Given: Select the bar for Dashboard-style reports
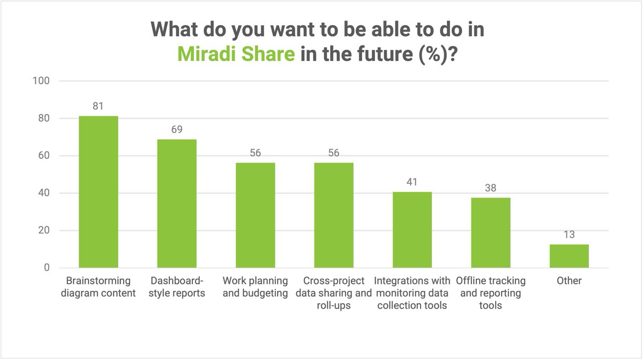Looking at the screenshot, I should pos(176,204).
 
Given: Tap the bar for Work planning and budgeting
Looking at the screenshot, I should pos(255,215).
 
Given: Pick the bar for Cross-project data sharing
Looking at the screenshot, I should pos(333,215).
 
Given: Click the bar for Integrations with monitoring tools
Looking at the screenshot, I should pos(412,230).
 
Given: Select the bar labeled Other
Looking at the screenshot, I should pos(569,256).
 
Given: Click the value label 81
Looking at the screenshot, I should pos(98,106).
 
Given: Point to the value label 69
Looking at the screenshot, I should pos(176,129).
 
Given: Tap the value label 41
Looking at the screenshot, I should pos(412,182).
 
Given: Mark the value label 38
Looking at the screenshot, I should pos(490,187).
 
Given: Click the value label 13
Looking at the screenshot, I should pos(569,234).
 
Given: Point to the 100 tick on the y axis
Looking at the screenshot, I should pos(42,81).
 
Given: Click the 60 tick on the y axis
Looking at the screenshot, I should pos(44,156).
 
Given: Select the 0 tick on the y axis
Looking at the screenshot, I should pos(47,268).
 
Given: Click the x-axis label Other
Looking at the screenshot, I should pos(569,281).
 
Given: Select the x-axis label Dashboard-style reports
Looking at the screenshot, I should pos(176,287).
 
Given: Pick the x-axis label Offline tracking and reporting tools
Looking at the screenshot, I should pos(490,293).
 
